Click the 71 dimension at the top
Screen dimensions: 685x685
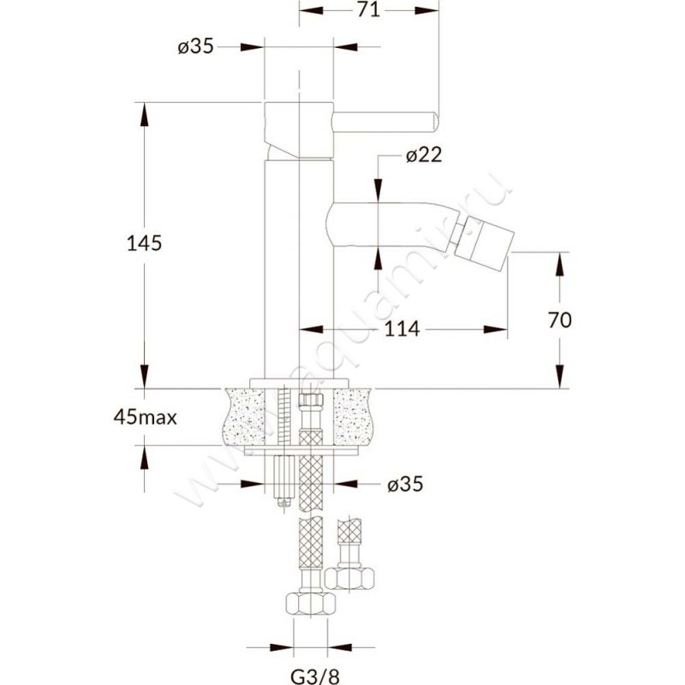[368, 9]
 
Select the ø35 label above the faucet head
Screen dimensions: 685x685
[196, 46]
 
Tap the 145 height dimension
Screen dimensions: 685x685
[144, 243]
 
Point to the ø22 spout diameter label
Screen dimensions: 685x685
[424, 155]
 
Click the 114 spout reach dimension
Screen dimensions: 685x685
[402, 329]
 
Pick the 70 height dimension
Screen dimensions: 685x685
[560, 320]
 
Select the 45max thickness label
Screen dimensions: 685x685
[145, 418]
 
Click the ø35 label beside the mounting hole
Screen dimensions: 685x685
[405, 484]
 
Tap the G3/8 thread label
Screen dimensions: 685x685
[315, 676]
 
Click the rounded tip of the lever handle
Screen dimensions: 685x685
[434, 121]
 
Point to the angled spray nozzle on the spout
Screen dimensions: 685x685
[480, 240]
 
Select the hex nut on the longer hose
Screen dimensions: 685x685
[311, 605]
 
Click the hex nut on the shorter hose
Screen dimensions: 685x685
[349, 580]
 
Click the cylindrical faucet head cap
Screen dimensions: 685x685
[299, 129]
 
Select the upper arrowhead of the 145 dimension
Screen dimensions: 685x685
[144, 115]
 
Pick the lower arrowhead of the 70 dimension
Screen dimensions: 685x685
[560, 376]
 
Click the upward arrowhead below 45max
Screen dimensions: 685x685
[144, 458]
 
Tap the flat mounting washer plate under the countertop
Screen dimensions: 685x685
[302, 451]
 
